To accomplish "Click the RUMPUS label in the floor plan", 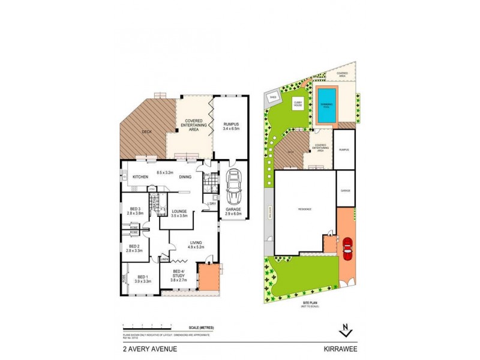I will tap(231, 125).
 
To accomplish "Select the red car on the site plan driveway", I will tap(347, 247).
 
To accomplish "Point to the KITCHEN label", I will tap(140, 177).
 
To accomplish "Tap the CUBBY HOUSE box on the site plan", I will tap(298, 103).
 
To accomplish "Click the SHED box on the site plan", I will tap(273, 96).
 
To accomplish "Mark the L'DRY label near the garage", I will tap(212, 205).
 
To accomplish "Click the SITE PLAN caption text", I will tap(310, 304).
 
